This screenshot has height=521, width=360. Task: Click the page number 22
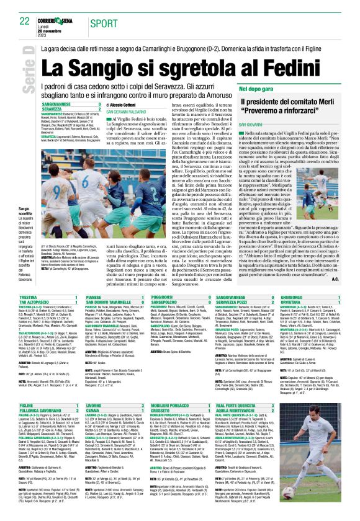click(25, 21)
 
